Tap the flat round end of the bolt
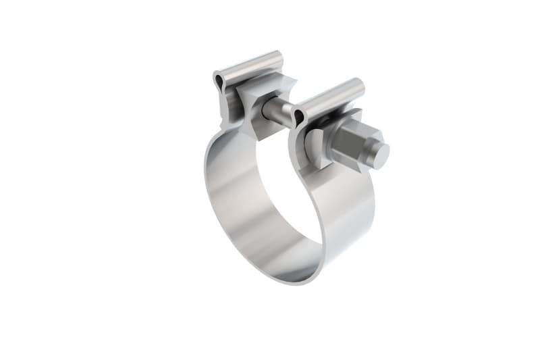pos(381,155)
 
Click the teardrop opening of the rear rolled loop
pos(218,82)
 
